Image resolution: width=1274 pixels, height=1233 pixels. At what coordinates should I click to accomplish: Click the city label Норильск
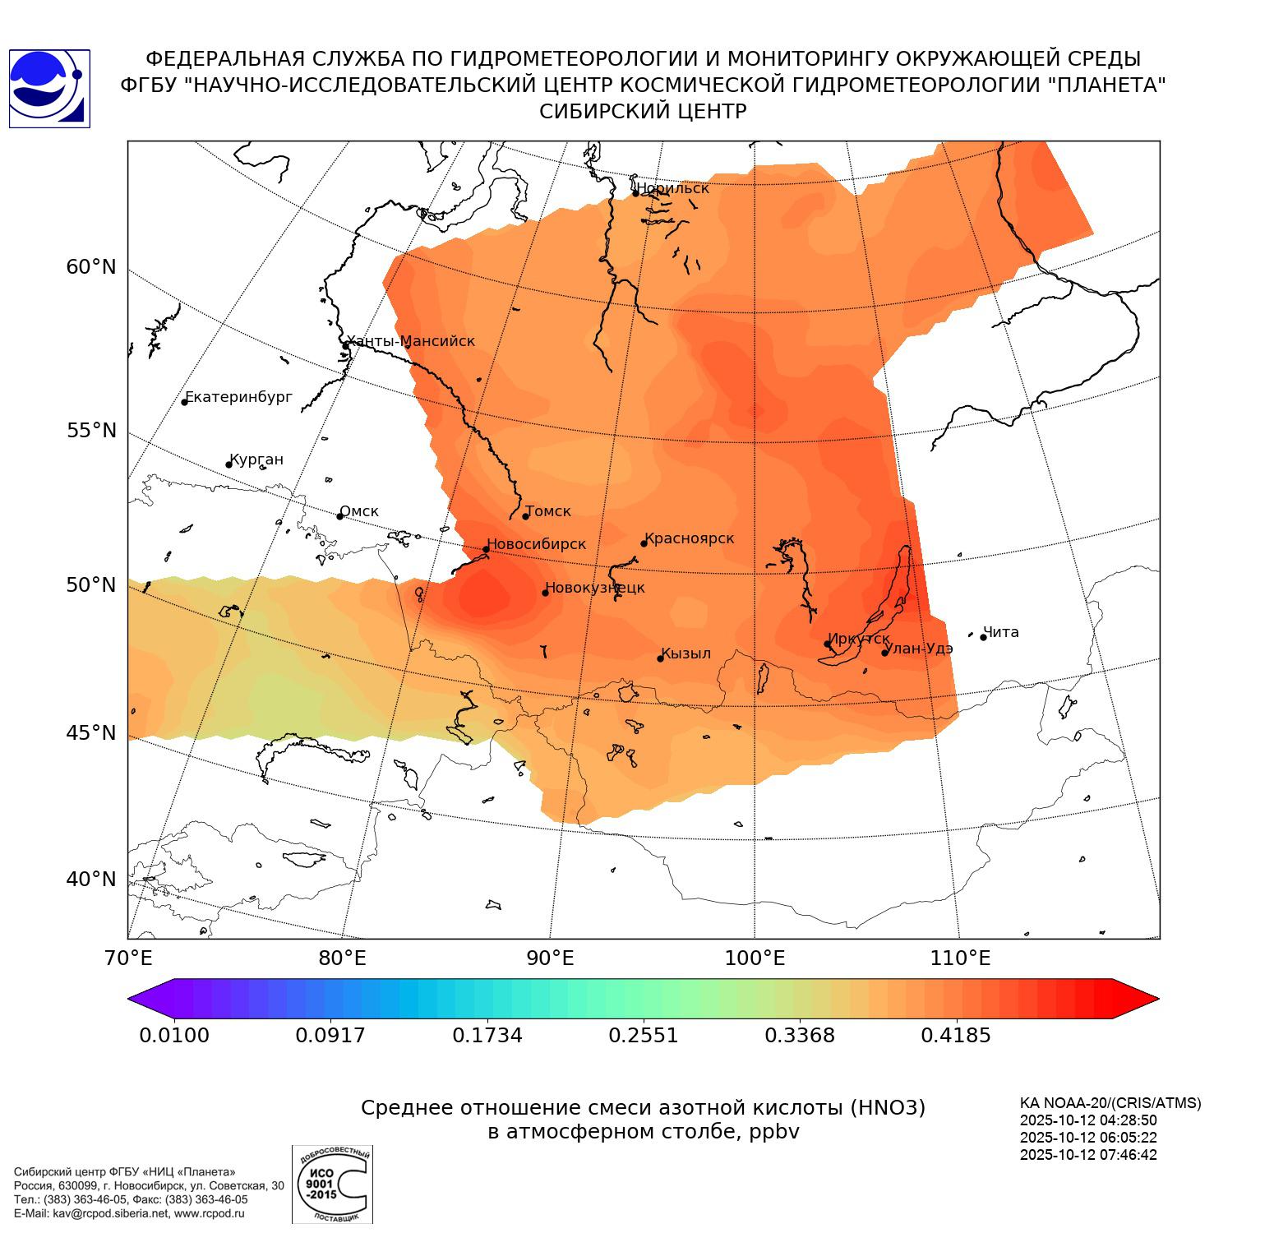pos(672,188)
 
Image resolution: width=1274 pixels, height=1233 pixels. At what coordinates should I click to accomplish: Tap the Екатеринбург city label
pos(239,397)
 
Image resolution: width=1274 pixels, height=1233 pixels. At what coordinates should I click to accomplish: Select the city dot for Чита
pos(983,637)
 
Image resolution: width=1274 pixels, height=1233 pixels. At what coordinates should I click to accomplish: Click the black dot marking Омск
pos(339,516)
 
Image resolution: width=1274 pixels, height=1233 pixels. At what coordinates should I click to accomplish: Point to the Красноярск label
pos(690,538)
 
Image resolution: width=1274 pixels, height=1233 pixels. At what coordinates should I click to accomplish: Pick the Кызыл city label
pos(686,653)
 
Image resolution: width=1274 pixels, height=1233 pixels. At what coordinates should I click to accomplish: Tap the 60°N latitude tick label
pos(91,267)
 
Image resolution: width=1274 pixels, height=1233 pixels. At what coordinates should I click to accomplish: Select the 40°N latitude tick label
pos(91,880)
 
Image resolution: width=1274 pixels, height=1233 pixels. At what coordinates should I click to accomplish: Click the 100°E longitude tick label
pos(755,958)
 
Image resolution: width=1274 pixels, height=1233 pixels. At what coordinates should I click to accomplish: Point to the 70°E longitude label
pos(128,958)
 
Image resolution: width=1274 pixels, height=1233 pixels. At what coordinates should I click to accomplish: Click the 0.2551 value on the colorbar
pos(644,1035)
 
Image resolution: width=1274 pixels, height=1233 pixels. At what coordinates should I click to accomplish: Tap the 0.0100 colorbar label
pos(174,1035)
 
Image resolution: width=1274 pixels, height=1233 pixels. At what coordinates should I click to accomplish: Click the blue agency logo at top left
pos(49,88)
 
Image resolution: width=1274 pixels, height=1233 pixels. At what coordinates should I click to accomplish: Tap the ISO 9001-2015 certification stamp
pos(332,1184)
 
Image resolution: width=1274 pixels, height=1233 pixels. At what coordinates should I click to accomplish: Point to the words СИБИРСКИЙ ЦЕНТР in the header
pos(643,112)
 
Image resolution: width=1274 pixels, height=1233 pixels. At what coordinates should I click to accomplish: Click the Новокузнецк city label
pos(595,588)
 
